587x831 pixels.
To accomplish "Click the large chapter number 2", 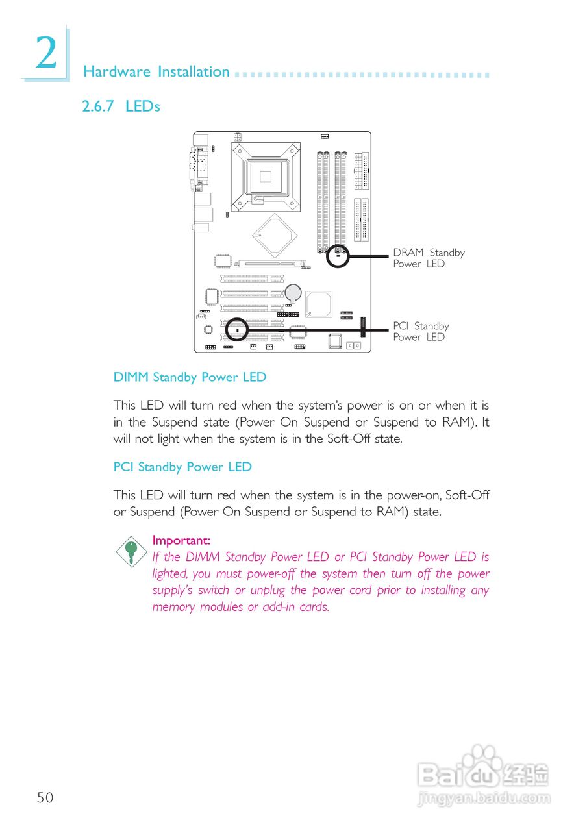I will click(46, 54).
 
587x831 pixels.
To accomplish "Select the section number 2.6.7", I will click(99, 106).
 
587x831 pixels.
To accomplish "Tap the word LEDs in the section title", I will click(143, 106).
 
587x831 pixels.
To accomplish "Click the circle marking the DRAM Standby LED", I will click(338, 256).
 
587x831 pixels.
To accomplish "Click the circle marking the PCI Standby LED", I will click(237, 330).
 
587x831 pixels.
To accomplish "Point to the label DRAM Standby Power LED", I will click(429, 258).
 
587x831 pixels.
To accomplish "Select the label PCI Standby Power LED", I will click(421, 332).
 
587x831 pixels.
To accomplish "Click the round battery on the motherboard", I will click(294, 292).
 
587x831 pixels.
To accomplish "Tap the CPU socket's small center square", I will click(266, 175).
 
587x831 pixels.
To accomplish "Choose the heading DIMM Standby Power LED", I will click(190, 377).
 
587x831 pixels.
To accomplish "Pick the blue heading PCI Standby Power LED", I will click(182, 467).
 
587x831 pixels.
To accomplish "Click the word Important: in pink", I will click(181, 540).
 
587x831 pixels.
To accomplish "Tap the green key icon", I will click(131, 551).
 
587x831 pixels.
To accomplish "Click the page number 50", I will click(45, 798).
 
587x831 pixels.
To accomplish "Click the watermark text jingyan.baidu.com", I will click(484, 798).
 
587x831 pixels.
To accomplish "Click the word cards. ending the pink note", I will click(314, 608).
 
